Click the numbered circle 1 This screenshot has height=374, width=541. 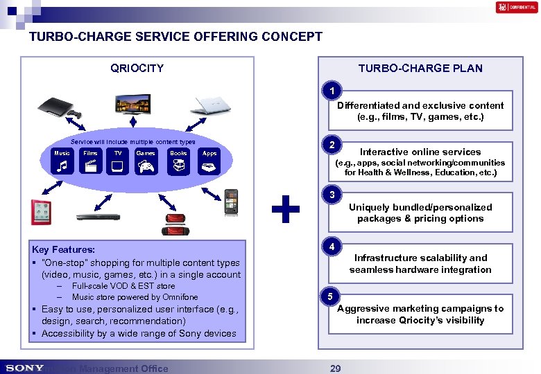pos(334,92)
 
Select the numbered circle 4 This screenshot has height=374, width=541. pos(334,247)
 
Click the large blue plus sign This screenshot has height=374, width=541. pos(286,208)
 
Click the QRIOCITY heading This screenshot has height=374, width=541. pos(137,68)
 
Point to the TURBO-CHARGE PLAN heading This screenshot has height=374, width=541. pos(420,68)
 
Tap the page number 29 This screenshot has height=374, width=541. pos(336,368)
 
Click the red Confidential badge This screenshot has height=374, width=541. pos(515,8)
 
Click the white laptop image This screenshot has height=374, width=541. pos(198,108)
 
